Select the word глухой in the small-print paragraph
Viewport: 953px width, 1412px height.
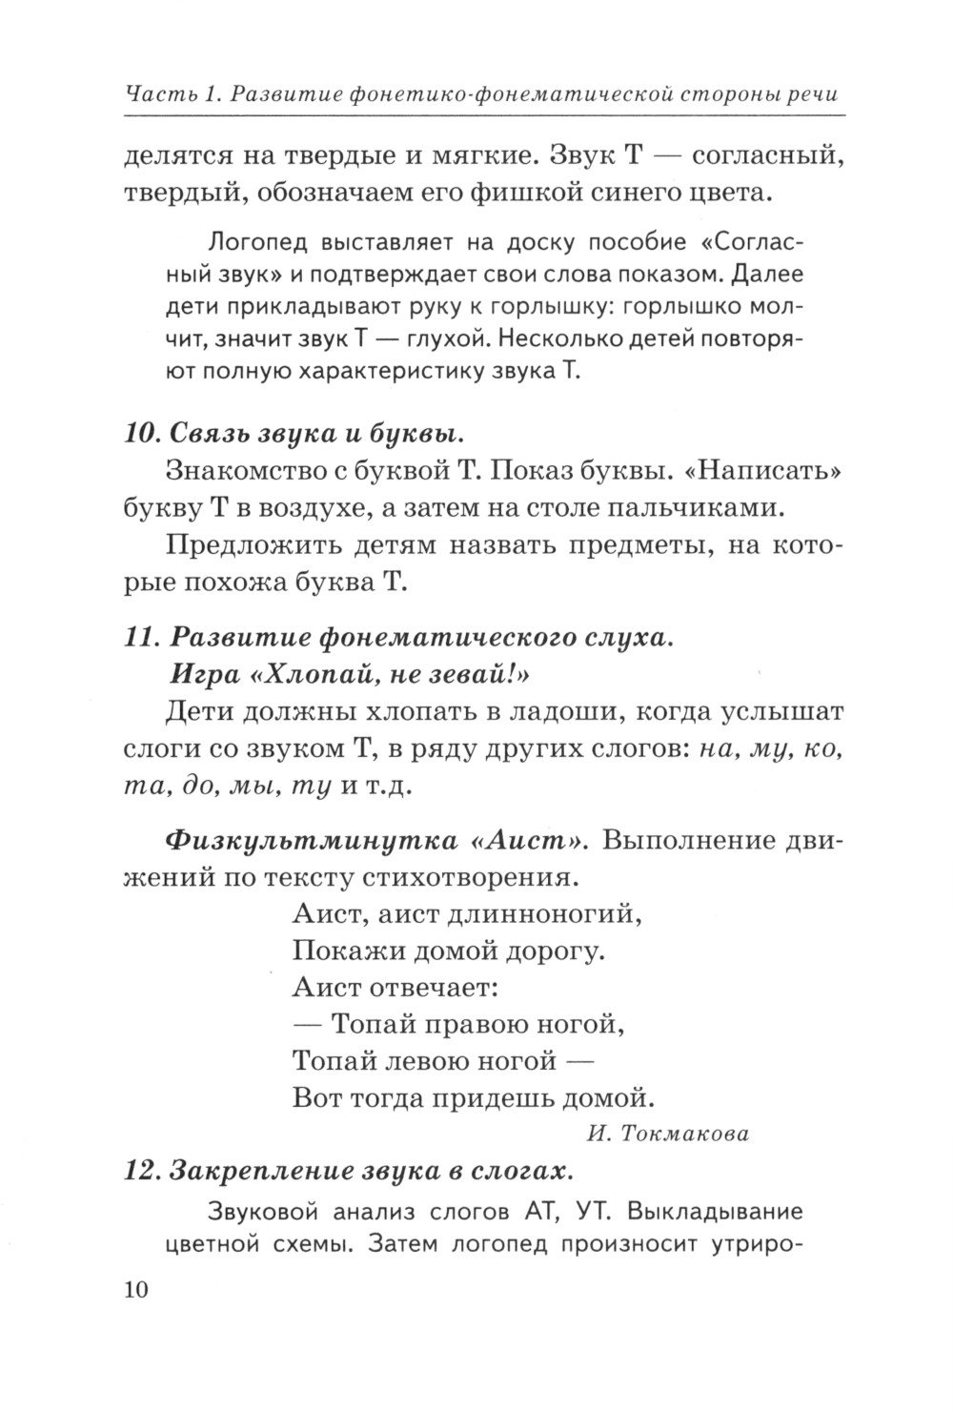coord(450,338)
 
